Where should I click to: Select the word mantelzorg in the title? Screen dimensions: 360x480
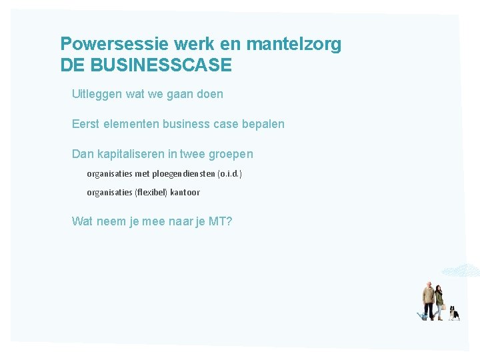[293, 44]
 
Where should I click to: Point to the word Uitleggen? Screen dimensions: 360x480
[97, 94]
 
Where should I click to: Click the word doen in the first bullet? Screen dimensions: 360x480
[209, 94]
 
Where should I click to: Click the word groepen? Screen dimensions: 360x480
[231, 154]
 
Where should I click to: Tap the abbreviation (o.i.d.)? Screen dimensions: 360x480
[230, 174]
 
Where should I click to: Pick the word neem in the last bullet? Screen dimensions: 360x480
[111, 221]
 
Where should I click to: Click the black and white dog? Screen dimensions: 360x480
[454, 313]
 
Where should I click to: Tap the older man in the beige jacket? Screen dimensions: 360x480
[429, 300]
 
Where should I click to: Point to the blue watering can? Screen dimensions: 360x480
[422, 316]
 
